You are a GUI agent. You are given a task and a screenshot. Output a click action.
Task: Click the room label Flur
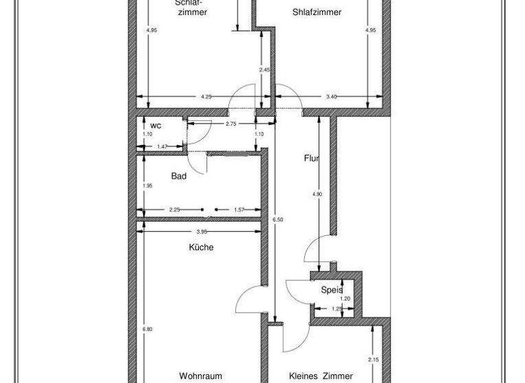coord(312,159)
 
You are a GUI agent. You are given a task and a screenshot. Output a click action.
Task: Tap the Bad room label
coord(179,176)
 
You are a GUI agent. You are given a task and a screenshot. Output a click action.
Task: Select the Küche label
coord(201,248)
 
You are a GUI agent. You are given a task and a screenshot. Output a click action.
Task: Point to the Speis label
coord(332,289)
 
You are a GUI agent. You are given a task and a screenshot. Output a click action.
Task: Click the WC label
coord(156,126)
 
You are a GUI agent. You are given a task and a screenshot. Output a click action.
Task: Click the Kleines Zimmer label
coord(321,375)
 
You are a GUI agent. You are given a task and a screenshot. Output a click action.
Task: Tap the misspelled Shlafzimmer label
coord(317,12)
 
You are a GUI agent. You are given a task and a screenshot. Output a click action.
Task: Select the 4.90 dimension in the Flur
coord(317,195)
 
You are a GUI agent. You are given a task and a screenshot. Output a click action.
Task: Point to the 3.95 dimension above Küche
coord(201,231)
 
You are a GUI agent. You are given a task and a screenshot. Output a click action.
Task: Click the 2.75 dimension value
coord(230,124)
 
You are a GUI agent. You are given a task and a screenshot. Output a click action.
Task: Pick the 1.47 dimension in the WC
coord(163,147)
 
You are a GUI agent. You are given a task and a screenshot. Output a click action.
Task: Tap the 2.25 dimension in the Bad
coord(174,210)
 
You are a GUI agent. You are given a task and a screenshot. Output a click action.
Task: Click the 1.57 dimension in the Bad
coord(239,210)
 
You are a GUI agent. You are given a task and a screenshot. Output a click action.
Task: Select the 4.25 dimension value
coord(205,96)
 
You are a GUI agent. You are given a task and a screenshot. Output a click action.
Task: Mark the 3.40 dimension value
coord(332,96)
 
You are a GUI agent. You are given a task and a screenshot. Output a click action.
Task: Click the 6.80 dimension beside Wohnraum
coord(146,330)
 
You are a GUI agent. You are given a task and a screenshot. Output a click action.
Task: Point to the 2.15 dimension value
coord(373,360)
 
